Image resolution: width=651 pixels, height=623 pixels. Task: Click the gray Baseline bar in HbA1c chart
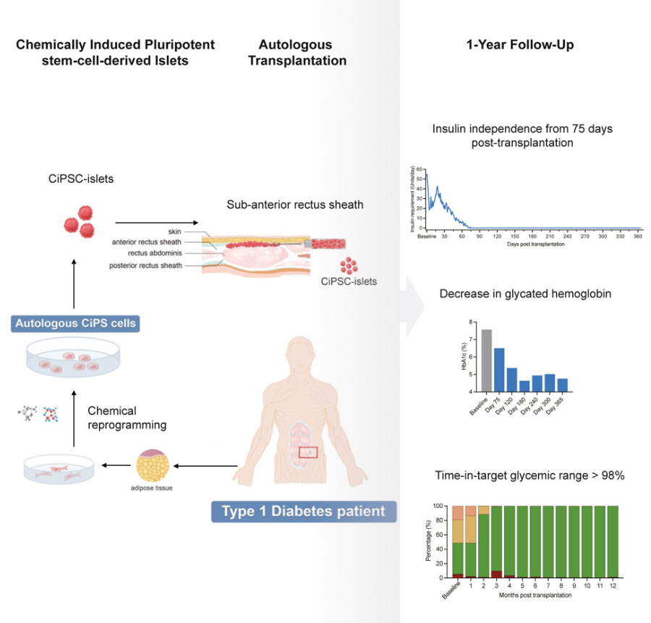(486, 360)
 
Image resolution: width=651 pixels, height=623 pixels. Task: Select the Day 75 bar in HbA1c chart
(499, 370)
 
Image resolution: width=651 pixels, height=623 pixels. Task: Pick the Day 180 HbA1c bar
(524, 386)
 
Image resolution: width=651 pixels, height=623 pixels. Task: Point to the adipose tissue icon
(153, 467)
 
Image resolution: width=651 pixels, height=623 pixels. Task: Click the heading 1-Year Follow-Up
(521, 46)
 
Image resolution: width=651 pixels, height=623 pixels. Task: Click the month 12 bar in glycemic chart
(612, 542)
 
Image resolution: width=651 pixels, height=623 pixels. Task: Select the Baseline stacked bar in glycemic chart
(457, 542)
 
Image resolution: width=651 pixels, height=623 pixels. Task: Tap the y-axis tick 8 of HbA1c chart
(471, 322)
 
